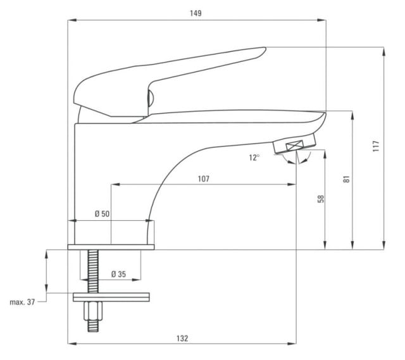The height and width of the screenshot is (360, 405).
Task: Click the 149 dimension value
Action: tap(196, 13)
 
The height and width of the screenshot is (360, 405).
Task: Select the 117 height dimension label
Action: tap(376, 146)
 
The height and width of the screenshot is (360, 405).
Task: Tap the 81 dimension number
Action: tap(346, 179)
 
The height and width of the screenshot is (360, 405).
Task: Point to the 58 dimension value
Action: tap(321, 199)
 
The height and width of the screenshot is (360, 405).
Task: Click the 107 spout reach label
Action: tap(204, 178)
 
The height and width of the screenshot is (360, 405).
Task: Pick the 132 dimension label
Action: tap(182, 338)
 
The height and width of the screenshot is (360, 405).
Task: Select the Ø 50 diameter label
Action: tap(102, 214)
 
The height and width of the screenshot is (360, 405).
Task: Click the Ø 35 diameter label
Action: tap(118, 274)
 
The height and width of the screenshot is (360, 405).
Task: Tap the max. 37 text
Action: tap(22, 302)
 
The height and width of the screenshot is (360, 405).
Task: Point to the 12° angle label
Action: tap(254, 158)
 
